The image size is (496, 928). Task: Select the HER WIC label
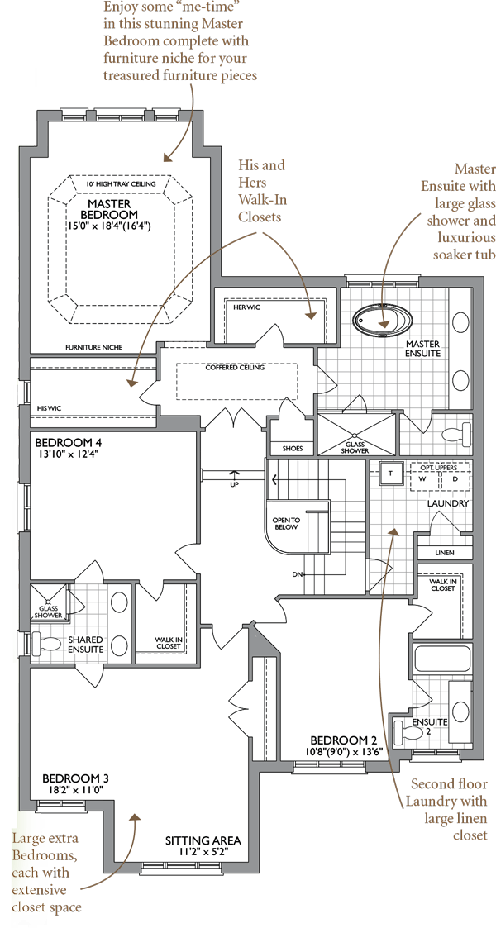tap(246, 307)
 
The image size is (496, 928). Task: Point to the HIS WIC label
tap(50, 408)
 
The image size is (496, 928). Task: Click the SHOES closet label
tap(293, 449)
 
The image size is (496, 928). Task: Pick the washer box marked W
tap(422, 478)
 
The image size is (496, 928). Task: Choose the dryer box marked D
tap(455, 478)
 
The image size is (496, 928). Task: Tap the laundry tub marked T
tap(391, 473)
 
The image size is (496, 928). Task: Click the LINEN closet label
tap(444, 553)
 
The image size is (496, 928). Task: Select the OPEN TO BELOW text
tap(287, 523)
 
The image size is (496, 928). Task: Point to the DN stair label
tap(297, 574)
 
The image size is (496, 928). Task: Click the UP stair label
tap(234, 484)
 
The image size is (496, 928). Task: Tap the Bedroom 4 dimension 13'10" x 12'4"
tap(65, 454)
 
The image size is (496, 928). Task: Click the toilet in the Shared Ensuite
tap(47, 641)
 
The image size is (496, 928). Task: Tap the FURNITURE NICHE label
tap(94, 347)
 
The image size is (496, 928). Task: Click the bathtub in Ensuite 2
tap(441, 659)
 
